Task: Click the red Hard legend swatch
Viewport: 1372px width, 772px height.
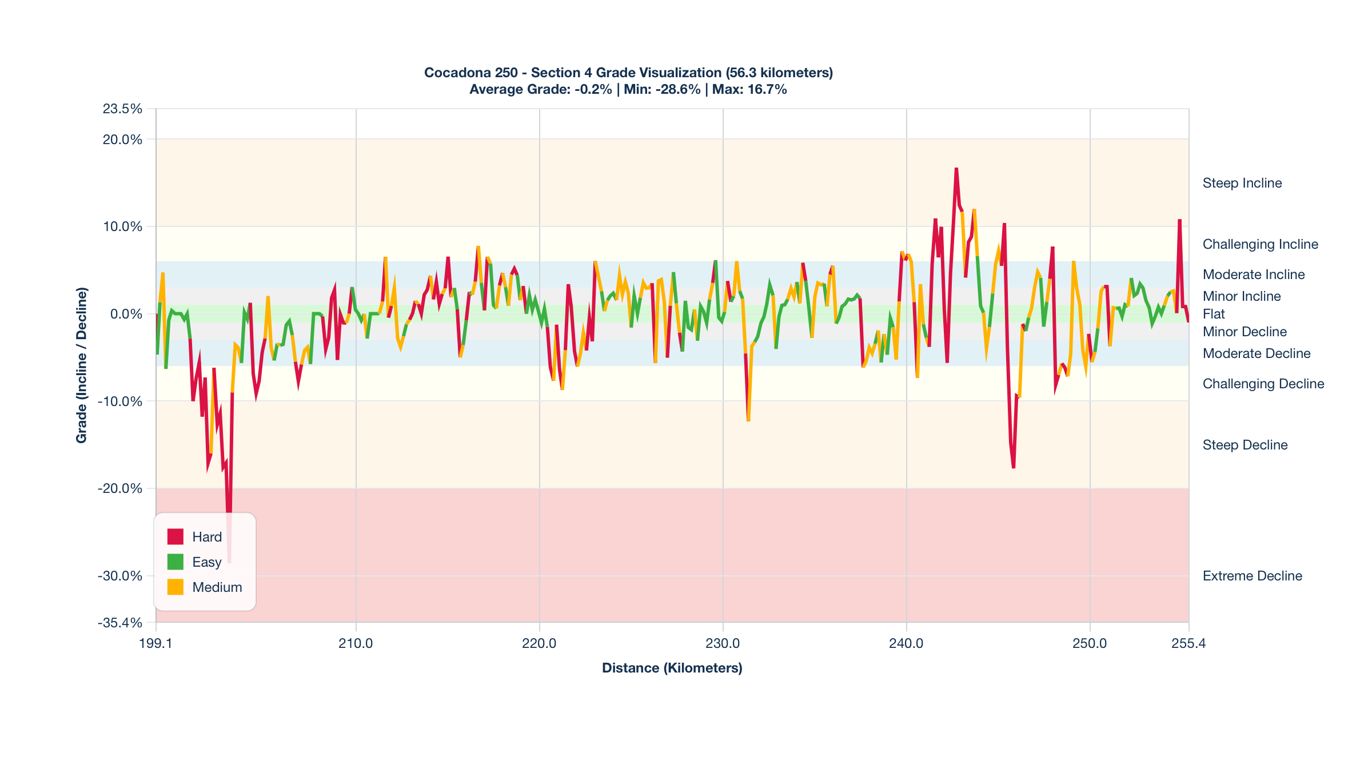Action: pos(175,536)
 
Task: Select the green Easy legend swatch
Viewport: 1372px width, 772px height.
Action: pos(175,562)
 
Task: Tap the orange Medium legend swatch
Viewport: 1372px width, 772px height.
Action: pos(175,587)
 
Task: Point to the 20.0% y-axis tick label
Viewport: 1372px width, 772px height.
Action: pos(122,140)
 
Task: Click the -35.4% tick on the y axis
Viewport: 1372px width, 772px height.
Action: pos(120,622)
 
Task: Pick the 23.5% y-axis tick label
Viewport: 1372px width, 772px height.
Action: pos(122,109)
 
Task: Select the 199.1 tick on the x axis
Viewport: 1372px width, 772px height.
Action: pos(155,643)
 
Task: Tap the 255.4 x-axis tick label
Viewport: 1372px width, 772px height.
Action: pos(1188,643)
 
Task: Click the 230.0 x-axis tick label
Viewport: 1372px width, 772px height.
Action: pos(723,643)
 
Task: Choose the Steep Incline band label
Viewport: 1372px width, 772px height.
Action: pos(1242,183)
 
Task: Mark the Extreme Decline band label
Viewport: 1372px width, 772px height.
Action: pos(1252,576)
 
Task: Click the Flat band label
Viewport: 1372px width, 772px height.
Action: pos(1214,314)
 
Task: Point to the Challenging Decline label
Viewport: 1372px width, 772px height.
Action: pos(1263,384)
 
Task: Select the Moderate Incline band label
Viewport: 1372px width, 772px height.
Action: pos(1254,274)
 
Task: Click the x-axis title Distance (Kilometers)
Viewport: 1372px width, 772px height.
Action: pos(672,668)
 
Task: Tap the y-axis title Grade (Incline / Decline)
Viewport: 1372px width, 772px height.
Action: pos(82,365)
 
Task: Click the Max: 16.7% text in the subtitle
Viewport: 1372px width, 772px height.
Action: pos(749,89)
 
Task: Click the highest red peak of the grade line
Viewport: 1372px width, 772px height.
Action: pos(956,169)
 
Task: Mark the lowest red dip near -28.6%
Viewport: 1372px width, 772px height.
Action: pos(229,562)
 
